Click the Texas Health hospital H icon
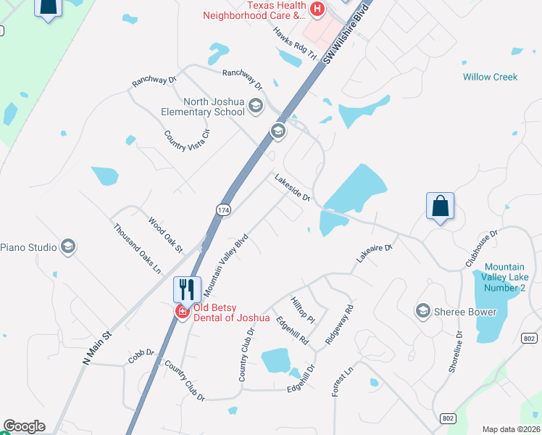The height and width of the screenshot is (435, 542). point(317,9)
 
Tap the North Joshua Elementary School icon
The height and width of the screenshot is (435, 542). point(255,107)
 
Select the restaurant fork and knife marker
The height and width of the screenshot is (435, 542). point(187,289)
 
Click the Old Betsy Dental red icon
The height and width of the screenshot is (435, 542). point(181,312)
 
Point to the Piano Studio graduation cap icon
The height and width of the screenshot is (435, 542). point(68,247)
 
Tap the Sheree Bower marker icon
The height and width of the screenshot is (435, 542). point(422,312)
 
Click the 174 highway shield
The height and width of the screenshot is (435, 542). point(223,210)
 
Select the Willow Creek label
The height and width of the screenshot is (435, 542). point(490,77)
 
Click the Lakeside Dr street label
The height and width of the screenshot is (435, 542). point(292,187)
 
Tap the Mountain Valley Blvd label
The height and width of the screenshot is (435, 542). point(226,264)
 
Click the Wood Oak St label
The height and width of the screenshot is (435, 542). point(165,234)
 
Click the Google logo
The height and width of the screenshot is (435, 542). point(24,426)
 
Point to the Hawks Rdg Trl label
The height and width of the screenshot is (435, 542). point(296,43)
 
